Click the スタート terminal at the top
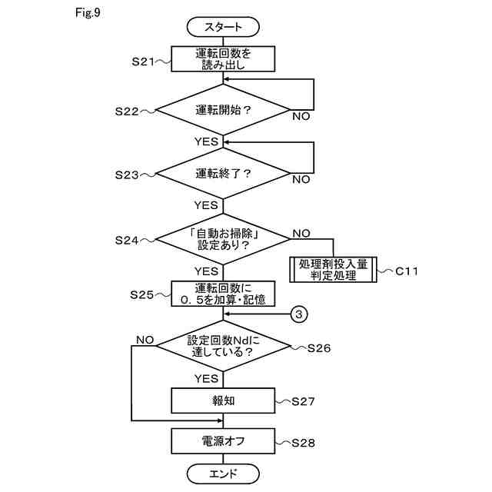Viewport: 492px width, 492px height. [223, 27]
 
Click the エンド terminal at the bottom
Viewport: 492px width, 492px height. [223, 472]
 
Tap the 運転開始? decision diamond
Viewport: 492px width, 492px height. [223, 111]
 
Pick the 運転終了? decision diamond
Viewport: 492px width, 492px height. [223, 174]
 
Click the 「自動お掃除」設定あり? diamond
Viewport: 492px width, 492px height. [223, 239]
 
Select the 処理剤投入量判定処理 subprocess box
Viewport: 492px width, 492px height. [334, 270]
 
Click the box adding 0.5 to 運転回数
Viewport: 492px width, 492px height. [223, 294]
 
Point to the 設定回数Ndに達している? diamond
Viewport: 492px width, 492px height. [223, 347]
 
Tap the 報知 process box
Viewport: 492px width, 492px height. [223, 401]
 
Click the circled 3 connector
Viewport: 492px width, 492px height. [301, 314]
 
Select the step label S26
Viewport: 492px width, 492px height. [318, 348]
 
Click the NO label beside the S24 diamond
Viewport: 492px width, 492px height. [301, 232]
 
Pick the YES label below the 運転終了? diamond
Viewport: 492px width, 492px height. [206, 205]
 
